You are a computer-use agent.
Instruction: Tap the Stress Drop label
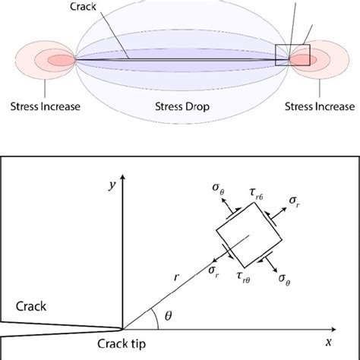point(181,106)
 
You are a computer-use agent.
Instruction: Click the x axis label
point(327,341)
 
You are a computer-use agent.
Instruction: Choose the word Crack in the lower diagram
point(30,306)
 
